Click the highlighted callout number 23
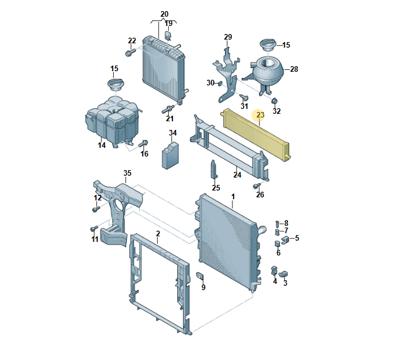point(260,115)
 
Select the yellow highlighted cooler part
point(256,134)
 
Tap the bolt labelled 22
point(130,52)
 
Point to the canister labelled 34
point(170,156)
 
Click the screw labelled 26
point(256,186)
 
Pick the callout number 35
point(127,173)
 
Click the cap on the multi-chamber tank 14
point(116,85)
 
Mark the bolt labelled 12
point(96,209)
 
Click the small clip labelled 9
point(200,275)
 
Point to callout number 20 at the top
point(164,14)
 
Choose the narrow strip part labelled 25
point(214,169)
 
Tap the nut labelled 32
point(274,101)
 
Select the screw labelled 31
point(244,97)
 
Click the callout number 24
point(237,175)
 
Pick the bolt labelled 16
point(143,144)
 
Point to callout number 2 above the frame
point(158,234)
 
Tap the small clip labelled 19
point(167,35)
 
